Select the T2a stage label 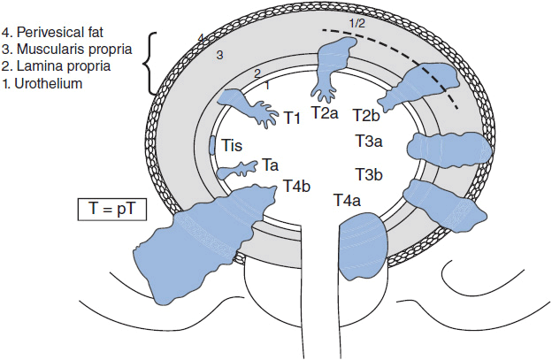(x=326, y=114)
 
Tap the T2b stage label (x=366, y=116)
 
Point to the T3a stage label (x=369, y=142)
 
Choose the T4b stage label (x=296, y=186)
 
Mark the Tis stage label (x=232, y=144)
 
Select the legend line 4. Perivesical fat (x=54, y=11)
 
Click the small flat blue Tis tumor (x=212, y=145)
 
